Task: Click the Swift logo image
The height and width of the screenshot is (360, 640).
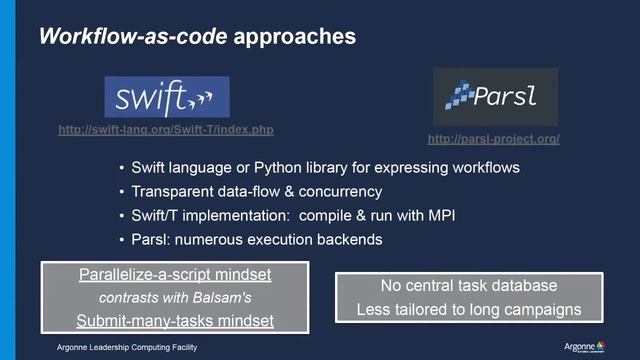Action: coord(166,97)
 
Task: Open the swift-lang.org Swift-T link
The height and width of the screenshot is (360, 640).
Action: coord(166,130)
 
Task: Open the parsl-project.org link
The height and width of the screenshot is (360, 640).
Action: coord(493,139)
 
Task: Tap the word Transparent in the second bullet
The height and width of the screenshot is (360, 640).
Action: coord(172,191)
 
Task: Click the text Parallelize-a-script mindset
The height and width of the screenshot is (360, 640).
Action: coord(163,274)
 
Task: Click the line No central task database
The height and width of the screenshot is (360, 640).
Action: coord(469,286)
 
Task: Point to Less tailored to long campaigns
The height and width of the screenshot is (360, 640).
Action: coord(469,309)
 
